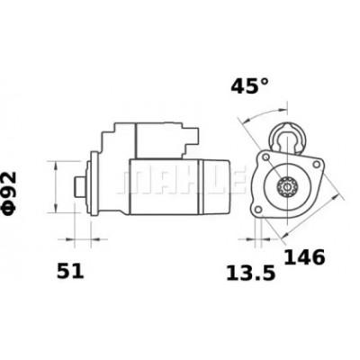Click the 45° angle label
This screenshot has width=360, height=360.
click(x=249, y=86)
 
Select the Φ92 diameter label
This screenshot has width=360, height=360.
click(x=10, y=193)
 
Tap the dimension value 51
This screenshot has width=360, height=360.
click(x=70, y=271)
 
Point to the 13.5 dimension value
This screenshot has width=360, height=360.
click(x=250, y=274)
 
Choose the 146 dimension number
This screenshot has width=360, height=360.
click(x=304, y=257)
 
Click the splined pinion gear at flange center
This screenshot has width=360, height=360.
click(x=287, y=188)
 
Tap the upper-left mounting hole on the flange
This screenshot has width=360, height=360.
click(x=265, y=157)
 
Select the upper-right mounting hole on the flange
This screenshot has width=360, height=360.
click(x=316, y=164)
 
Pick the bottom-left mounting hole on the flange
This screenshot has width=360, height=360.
click(x=257, y=209)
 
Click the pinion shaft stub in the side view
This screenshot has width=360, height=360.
click(x=80, y=186)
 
